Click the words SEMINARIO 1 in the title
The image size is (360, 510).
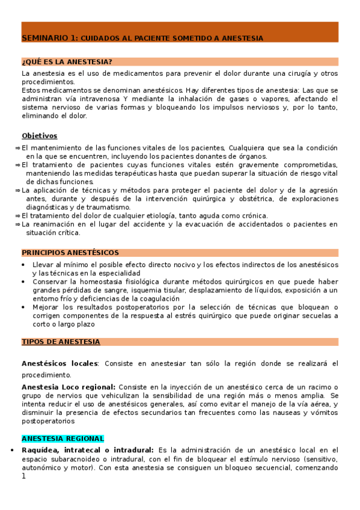click(49, 38)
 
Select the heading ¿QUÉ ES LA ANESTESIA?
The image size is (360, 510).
click(66, 62)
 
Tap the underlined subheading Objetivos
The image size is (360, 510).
click(40, 136)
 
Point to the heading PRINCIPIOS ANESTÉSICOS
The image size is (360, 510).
click(70, 253)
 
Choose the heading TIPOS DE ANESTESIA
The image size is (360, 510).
click(61, 342)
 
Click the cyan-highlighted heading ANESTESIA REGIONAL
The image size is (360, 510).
click(63, 438)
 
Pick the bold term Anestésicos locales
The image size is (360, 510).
click(59, 364)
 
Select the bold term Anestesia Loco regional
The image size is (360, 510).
click(69, 387)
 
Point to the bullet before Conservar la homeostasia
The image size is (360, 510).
click(23, 281)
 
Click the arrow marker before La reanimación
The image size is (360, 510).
click(17, 224)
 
